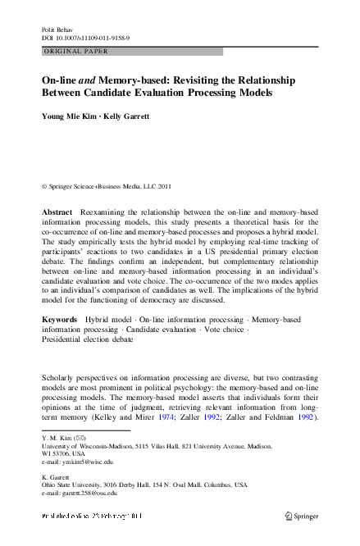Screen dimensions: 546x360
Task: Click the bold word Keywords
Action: click(60, 319)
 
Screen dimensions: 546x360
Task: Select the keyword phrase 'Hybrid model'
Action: click(109, 319)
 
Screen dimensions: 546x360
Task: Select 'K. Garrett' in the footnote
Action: click(57, 476)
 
